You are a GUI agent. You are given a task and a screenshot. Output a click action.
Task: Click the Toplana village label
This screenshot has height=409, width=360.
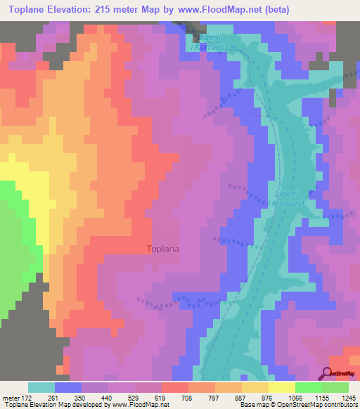[x=167, y=248]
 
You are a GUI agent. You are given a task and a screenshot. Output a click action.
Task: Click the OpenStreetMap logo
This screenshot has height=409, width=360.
[x=337, y=373]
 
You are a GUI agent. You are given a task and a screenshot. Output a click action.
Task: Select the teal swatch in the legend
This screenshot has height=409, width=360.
[x=41, y=387]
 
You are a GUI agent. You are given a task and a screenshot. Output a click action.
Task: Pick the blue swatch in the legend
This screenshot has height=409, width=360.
[x=67, y=387]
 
